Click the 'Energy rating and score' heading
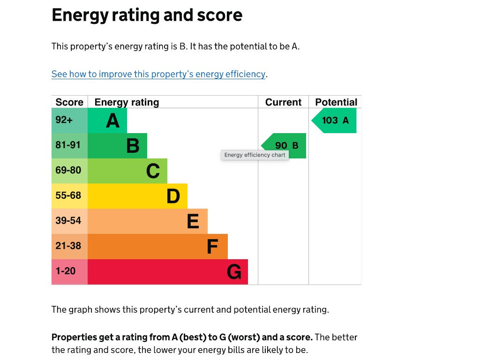[x=147, y=15]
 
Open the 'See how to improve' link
[x=158, y=74]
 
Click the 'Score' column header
[x=69, y=102]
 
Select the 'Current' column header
[x=283, y=102]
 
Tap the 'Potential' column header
[x=336, y=102]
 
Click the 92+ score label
[x=64, y=120]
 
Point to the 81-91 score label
[x=68, y=145]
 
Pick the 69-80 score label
[x=68, y=170]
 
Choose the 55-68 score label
[x=68, y=195]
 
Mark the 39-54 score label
[x=68, y=221]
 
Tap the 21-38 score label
[x=68, y=246]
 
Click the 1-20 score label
[x=65, y=271]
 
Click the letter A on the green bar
[x=112, y=121]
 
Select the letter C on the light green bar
[x=153, y=172]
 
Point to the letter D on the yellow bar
[x=173, y=196]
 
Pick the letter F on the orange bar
[x=212, y=247]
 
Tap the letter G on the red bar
[x=234, y=272]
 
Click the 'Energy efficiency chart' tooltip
[x=255, y=155]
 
